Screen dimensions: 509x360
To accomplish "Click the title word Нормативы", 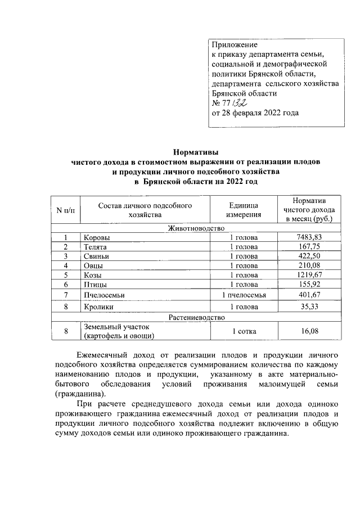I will [195, 152].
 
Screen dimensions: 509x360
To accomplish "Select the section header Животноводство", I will [196, 228].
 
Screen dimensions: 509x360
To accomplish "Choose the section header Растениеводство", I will [196, 318].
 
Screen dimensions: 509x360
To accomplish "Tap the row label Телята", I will [95, 247].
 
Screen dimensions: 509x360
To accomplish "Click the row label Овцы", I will [93, 265].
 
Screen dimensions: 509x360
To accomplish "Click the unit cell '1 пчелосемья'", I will [244, 295].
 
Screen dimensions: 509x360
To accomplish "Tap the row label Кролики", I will [98, 307].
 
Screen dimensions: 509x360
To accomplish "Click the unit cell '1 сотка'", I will [244, 331].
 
